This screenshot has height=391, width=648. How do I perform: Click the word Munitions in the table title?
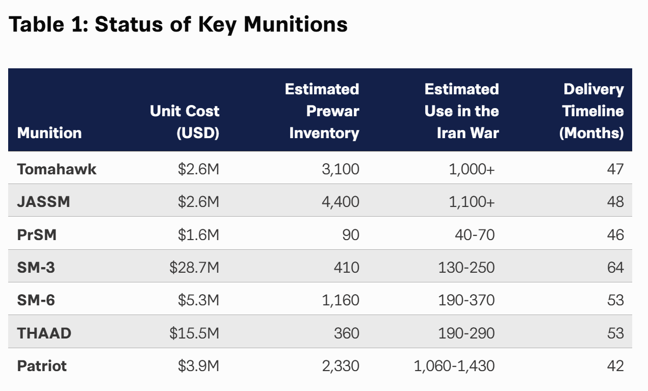(296, 24)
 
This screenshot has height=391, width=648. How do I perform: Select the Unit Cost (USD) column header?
(185, 122)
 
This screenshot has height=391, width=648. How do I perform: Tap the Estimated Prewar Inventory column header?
(322, 111)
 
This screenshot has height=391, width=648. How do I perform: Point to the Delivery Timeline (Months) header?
(591, 111)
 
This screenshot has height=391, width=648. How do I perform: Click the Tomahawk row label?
(57, 169)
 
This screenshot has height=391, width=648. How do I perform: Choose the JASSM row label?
(44, 201)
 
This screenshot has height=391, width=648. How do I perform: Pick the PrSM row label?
(37, 234)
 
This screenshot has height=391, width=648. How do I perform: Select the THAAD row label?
(44, 333)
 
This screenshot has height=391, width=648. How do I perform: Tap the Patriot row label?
(42, 366)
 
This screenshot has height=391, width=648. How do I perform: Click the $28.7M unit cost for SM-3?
(194, 267)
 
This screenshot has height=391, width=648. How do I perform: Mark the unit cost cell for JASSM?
(199, 201)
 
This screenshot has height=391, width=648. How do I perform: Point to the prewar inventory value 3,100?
(341, 169)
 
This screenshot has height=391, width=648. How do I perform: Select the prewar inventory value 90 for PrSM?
(351, 234)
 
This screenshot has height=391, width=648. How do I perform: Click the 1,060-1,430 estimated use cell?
(454, 366)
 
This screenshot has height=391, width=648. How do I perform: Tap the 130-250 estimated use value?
(466, 267)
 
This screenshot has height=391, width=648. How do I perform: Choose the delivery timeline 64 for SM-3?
(615, 267)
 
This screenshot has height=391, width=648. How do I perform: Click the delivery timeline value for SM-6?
(615, 300)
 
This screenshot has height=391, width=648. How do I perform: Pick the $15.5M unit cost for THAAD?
(194, 333)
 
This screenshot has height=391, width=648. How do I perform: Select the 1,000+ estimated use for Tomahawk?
(472, 169)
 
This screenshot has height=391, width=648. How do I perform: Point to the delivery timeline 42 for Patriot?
(615, 366)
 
